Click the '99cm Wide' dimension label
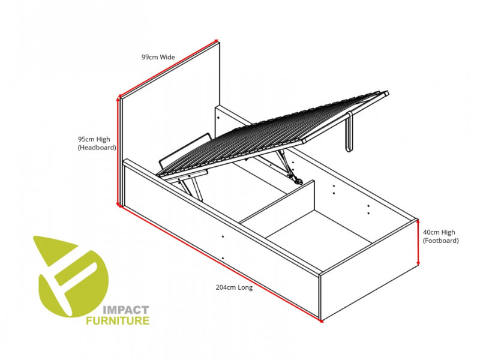[158, 57]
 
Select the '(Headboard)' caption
[96, 147]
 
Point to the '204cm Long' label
[234, 287]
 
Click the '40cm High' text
[439, 232]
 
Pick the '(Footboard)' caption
[440, 241]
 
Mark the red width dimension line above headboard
[169, 68]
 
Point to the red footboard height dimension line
[418, 242]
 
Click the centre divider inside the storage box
[279, 204]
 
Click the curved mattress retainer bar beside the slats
[180, 154]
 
